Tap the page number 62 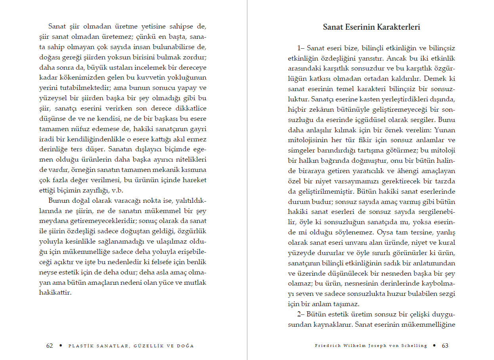[x=50, y=345]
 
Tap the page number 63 [x=445, y=345]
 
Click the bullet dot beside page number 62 [x=60, y=345]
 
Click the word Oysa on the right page [x=385, y=232]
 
